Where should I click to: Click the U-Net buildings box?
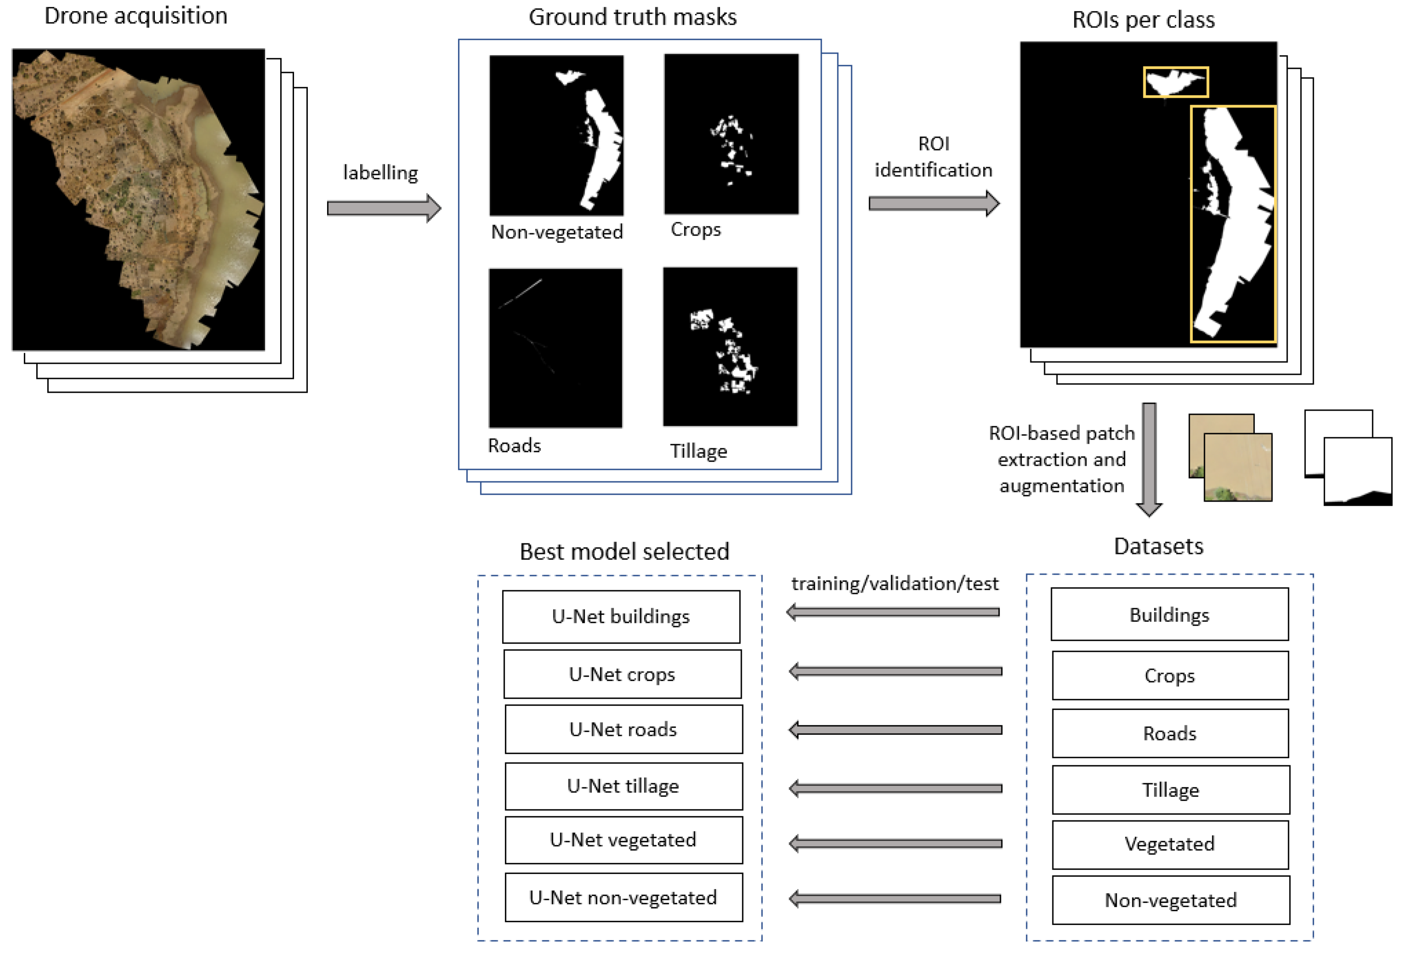621,616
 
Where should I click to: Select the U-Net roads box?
623,729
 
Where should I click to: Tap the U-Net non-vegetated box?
623,898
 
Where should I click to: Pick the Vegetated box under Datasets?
1169,844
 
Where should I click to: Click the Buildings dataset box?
1169,614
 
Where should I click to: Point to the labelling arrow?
384,209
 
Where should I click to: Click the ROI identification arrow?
933,203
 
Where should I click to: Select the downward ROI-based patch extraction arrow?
1149,458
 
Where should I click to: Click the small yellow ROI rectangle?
1175,82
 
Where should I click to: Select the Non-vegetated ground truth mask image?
556,135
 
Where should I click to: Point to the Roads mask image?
555,348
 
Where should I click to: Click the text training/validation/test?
895,583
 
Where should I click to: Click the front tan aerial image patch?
1237,467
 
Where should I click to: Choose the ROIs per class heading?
1143,20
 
